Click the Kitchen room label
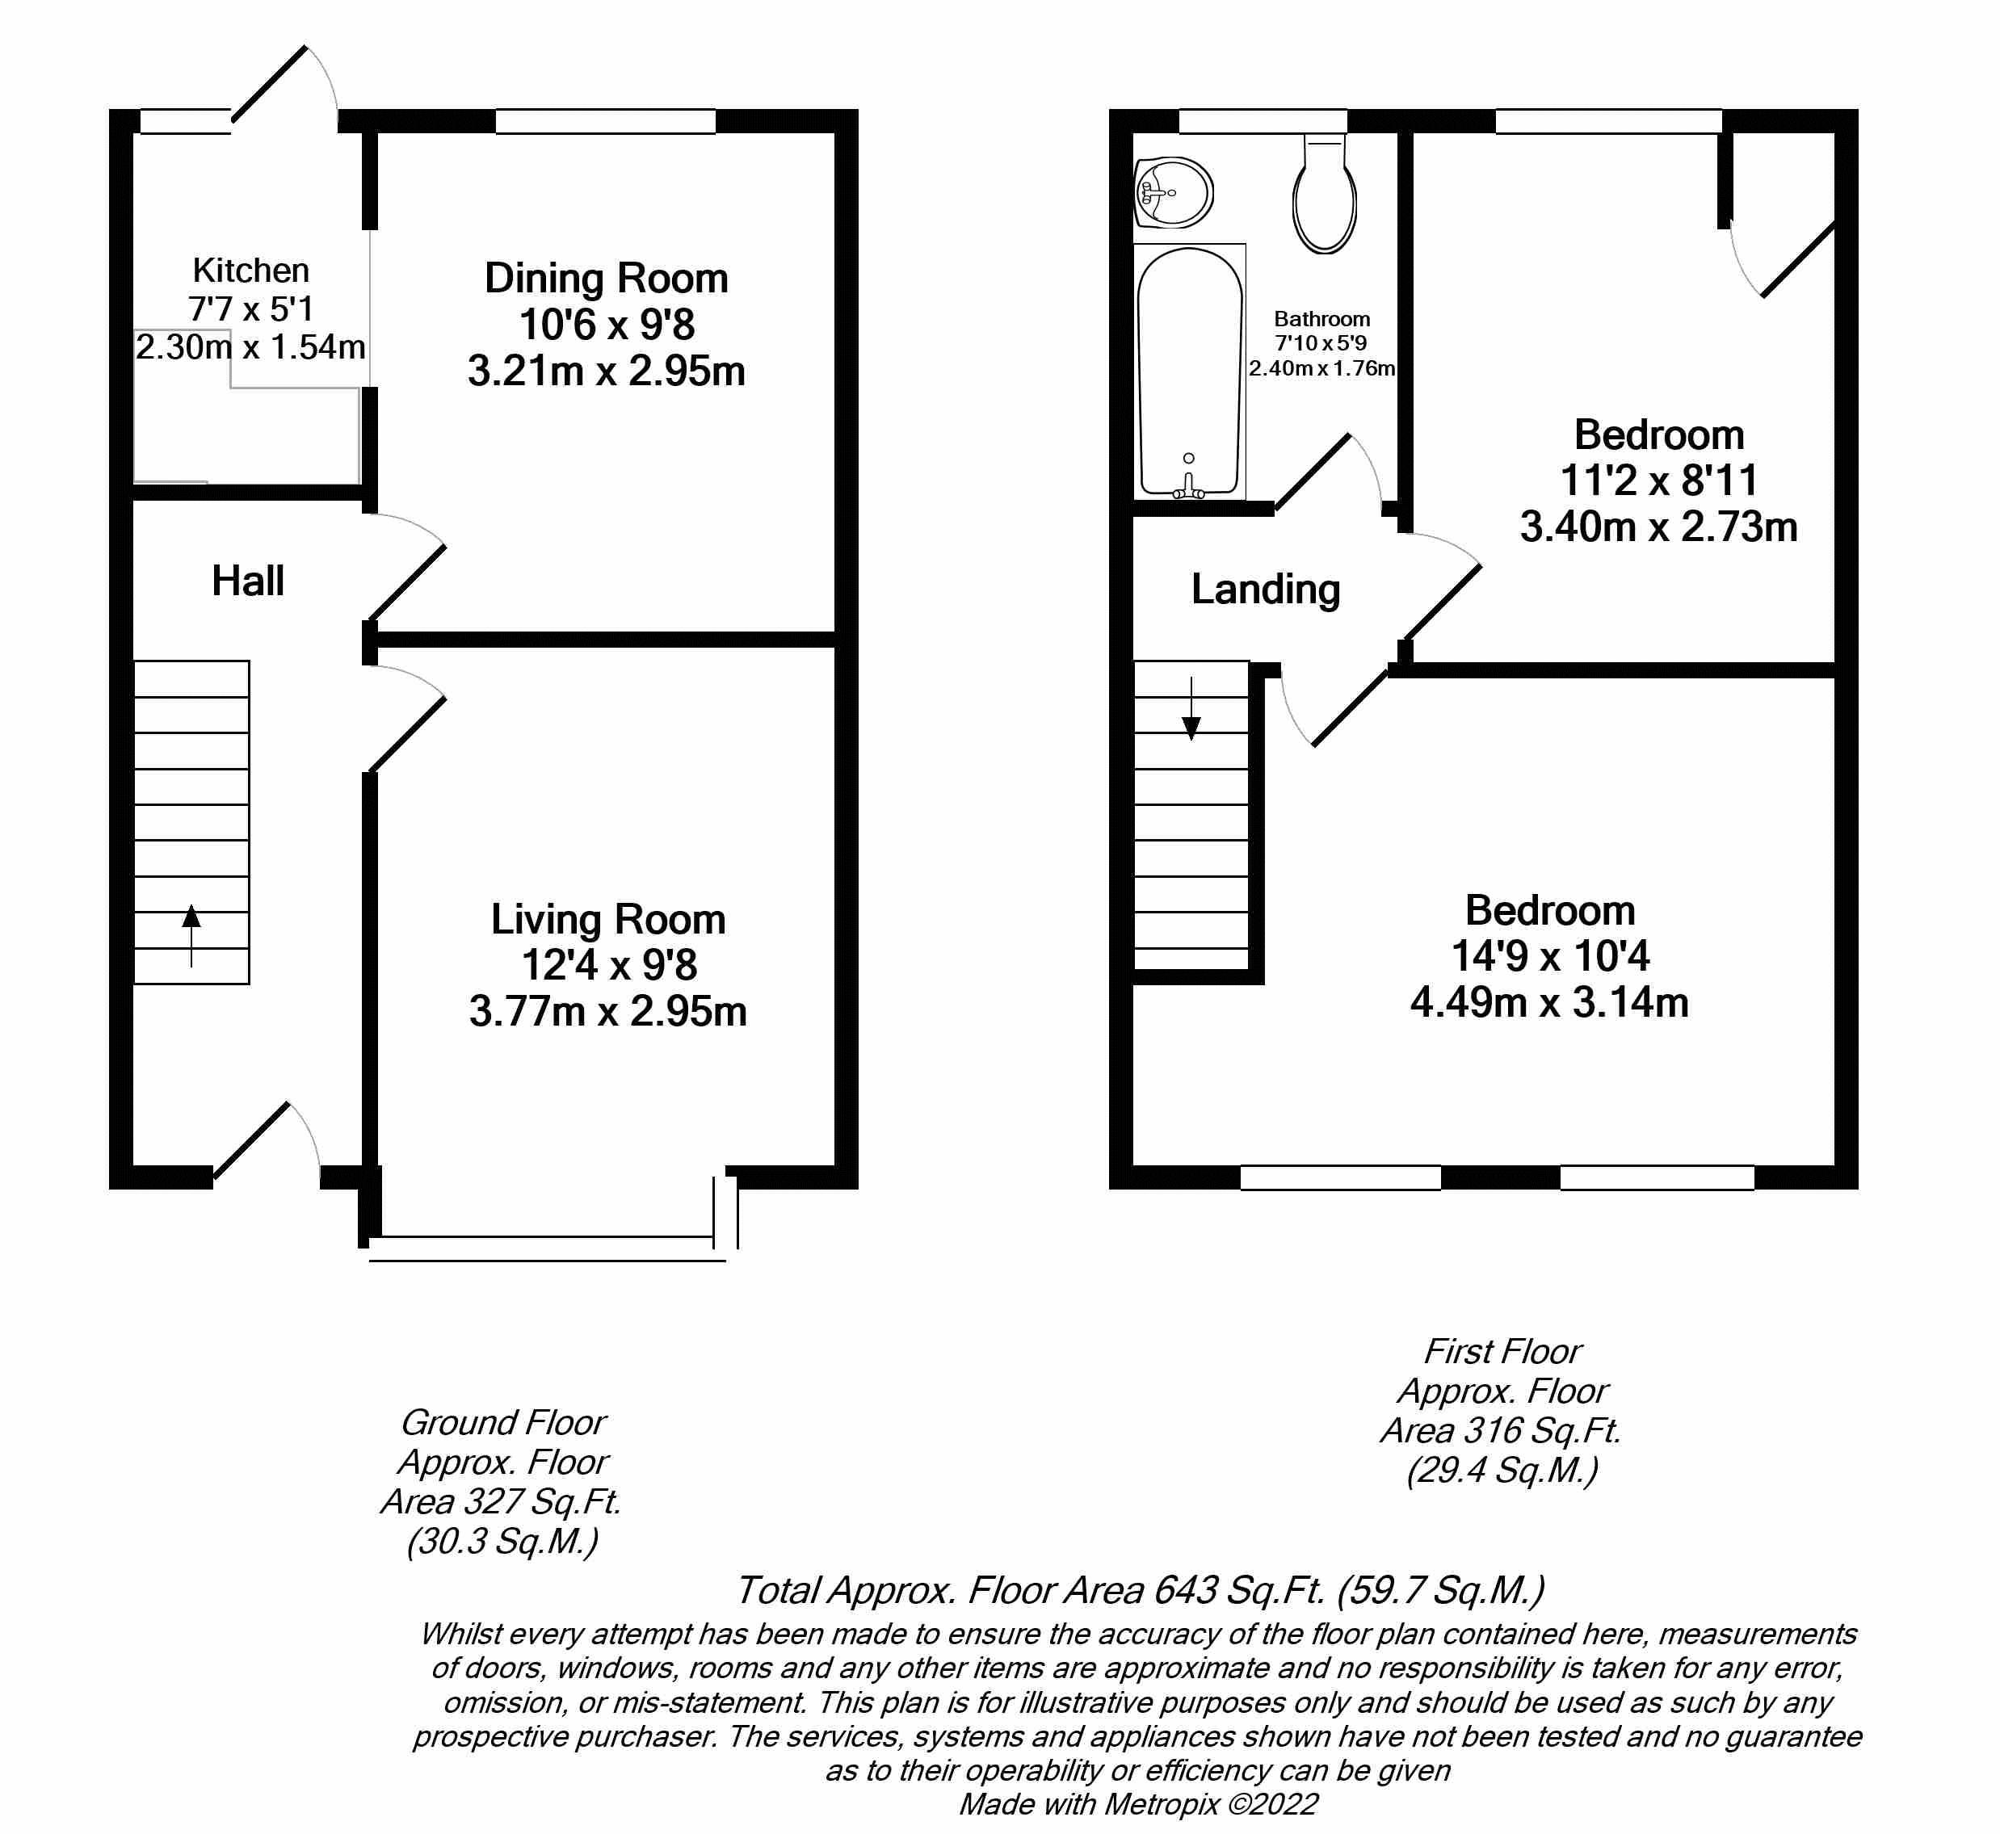250,270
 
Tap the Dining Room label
606,278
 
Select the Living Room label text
607,919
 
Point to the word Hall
247,581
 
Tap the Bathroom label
1321,318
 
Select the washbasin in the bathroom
1174,191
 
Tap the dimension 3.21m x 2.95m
606,371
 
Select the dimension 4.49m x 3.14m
1548,1002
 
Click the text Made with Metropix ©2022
1137,1803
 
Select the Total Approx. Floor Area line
1138,1590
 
